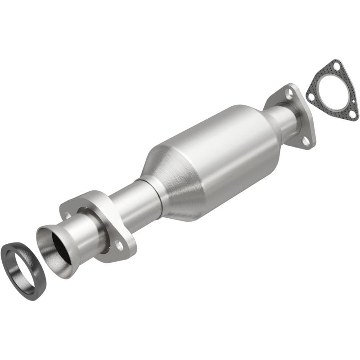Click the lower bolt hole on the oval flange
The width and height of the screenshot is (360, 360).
coord(119,245)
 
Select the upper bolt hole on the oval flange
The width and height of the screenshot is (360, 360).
coord(67,216)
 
